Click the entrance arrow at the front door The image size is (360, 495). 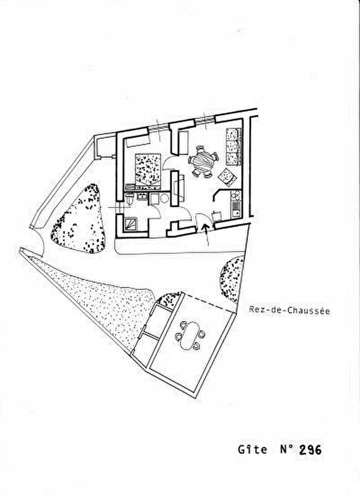click(206, 234)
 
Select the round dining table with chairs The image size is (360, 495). click(203, 162)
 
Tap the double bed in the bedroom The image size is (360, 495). click(148, 169)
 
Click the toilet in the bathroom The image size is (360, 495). click(130, 199)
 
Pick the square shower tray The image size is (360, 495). click(132, 224)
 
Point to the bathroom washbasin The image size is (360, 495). click(141, 196)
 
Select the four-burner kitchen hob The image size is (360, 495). click(235, 196)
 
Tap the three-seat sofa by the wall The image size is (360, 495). click(234, 146)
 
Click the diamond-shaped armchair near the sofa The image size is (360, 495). click(227, 176)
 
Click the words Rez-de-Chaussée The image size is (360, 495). click(289, 310)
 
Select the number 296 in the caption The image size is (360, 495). click(310, 449)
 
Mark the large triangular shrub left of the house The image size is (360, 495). click(80, 219)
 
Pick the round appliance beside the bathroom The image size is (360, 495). click(164, 198)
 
